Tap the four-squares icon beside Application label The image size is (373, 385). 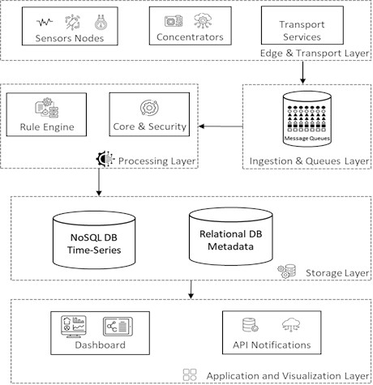coord(190,374)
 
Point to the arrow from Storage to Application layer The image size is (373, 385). coord(191,288)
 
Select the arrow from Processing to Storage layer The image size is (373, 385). coord(99,182)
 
